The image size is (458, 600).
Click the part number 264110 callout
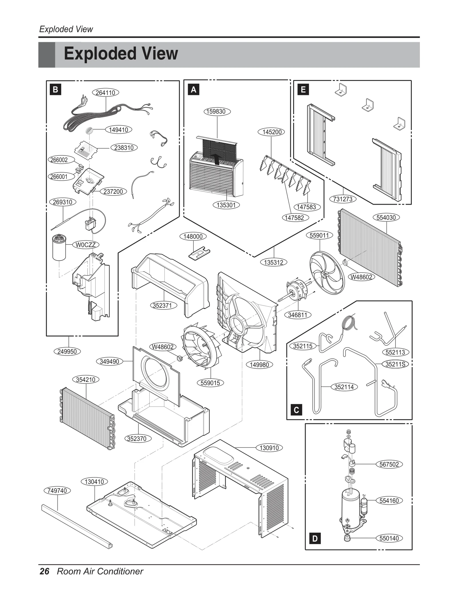pos(105,93)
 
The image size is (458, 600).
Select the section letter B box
pos(56,90)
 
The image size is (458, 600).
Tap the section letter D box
pos(315,538)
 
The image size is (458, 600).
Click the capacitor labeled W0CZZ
pos(59,248)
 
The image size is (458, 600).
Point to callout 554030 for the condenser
pos(386,217)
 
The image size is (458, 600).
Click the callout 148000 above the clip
pos(193,236)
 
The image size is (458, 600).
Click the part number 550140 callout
pos(389,538)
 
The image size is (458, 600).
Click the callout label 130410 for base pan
pos(94,481)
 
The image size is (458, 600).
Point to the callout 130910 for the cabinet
pos(269,448)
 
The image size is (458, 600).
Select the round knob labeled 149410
pos(90,131)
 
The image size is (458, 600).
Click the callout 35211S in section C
pos(395,364)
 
